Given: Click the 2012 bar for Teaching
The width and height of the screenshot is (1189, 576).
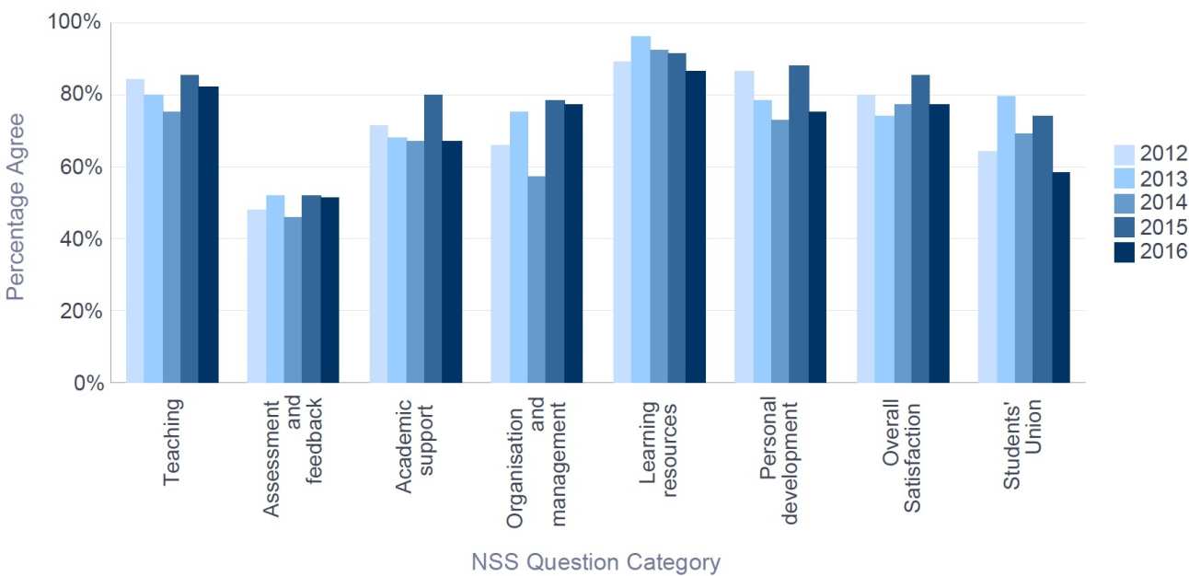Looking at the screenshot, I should [135, 230].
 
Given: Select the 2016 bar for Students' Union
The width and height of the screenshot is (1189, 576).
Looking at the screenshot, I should [1060, 277].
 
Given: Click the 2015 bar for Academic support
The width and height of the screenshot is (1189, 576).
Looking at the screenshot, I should [433, 238].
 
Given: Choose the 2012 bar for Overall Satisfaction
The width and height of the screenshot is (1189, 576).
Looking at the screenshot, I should [865, 238].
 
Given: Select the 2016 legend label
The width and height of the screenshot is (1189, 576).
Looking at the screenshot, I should [1164, 251].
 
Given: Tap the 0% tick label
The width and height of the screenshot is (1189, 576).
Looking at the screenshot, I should [87, 383].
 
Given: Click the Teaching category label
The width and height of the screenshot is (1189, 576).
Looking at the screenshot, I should [172, 442].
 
